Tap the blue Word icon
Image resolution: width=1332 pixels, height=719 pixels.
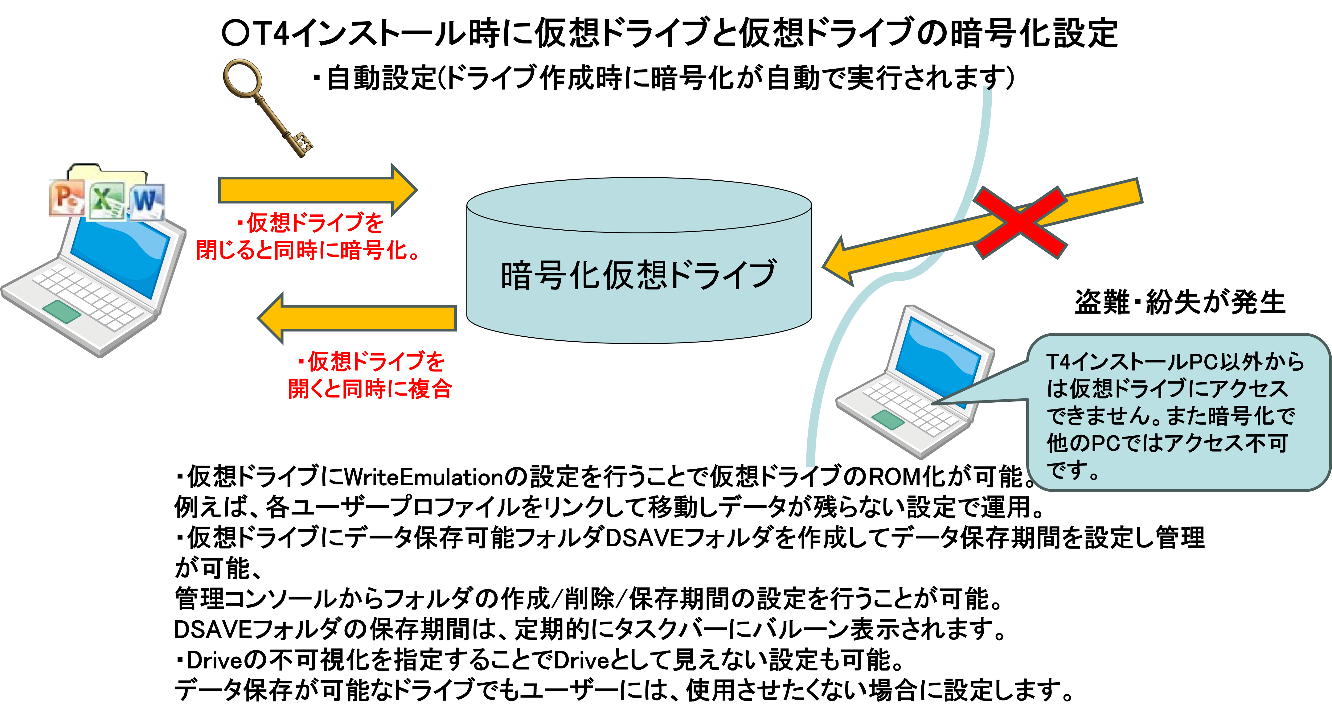[x=147, y=201]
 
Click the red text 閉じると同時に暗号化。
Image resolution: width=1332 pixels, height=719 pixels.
[x=308, y=250]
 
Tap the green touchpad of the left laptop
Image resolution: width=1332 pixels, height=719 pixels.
[x=62, y=311]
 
